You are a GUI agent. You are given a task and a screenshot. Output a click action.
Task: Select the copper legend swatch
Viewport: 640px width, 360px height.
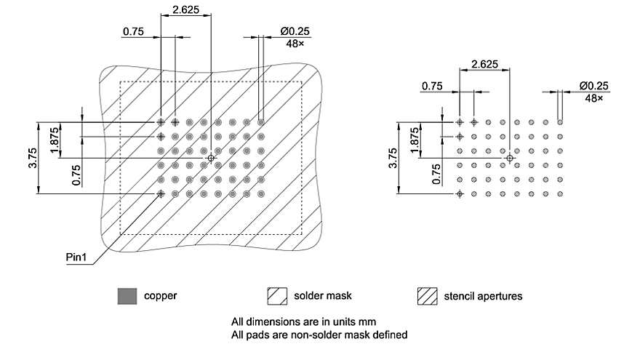[x=127, y=296]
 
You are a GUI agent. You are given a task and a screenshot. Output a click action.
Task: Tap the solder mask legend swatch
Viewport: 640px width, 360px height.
[x=278, y=296]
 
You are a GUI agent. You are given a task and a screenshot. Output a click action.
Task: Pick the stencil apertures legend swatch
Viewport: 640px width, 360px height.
[x=427, y=296]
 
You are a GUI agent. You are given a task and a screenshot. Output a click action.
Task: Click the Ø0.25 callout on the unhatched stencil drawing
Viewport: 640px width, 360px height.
[x=594, y=86]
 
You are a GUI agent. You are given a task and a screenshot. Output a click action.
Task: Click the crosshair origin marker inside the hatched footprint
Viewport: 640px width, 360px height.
[x=211, y=158]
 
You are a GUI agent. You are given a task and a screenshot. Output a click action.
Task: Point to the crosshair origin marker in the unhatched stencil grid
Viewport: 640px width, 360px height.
[x=510, y=158]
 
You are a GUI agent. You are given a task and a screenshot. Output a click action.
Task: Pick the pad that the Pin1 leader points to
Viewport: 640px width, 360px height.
[x=161, y=193]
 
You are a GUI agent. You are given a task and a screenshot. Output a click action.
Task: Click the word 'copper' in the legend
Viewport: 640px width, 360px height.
[x=160, y=296]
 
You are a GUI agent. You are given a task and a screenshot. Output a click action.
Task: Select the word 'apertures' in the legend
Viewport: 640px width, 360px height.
[x=499, y=296]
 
